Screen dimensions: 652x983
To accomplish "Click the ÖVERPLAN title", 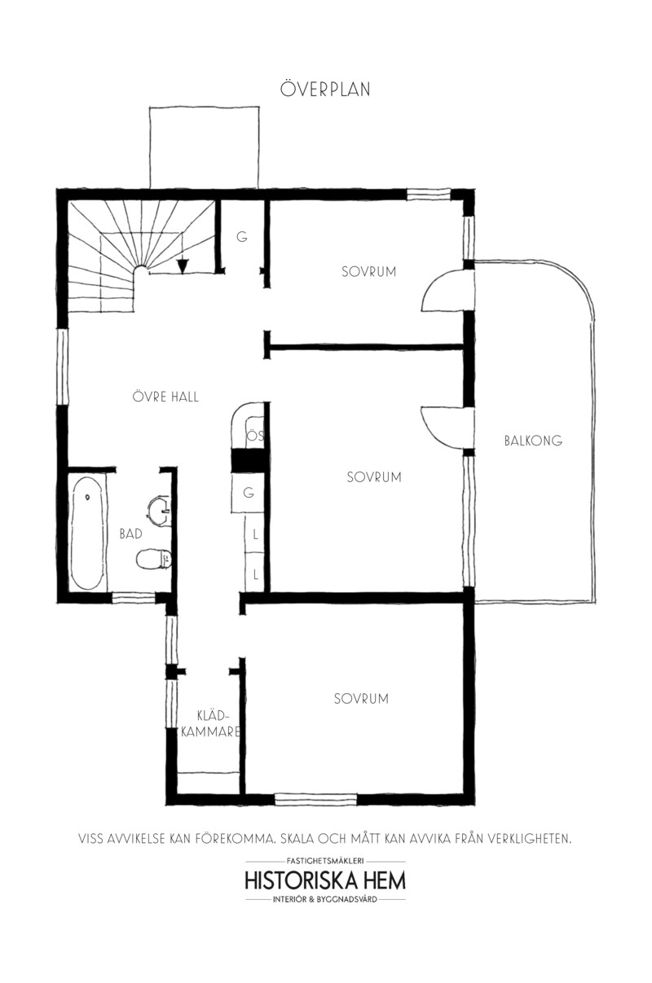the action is [x=325, y=89].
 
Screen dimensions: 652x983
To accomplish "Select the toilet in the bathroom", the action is [x=153, y=559].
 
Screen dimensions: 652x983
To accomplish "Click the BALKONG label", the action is [x=533, y=441].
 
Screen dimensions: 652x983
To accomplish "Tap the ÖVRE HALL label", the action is [x=165, y=397].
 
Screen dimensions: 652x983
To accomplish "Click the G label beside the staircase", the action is [x=241, y=237].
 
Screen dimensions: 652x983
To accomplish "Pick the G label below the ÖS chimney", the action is [x=249, y=493].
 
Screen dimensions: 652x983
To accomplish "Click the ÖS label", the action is [x=256, y=436].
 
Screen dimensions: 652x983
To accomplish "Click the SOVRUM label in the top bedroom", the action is [x=369, y=272].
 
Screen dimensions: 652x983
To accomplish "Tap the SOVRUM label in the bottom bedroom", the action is [x=361, y=699].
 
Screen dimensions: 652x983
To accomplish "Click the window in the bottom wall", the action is [x=315, y=800].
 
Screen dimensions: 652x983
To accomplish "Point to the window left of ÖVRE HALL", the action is [x=64, y=366].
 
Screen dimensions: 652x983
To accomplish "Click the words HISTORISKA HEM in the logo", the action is [x=325, y=880].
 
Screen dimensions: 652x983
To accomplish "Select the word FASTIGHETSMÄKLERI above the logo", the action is [x=325, y=862].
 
